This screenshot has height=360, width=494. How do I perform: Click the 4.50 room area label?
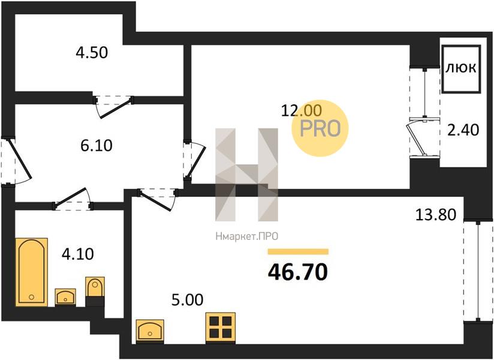click(x=92, y=52)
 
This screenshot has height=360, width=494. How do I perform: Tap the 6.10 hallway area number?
click(x=96, y=146)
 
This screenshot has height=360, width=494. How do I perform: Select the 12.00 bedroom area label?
click(x=302, y=110)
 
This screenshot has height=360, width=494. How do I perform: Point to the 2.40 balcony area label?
click(x=463, y=130)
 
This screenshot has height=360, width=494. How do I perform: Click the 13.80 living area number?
click(x=436, y=215)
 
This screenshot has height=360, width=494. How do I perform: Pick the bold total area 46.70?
click(x=298, y=272)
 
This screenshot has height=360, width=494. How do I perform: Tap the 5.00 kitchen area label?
click(x=187, y=300)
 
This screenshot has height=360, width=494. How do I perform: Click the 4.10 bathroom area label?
click(x=77, y=254)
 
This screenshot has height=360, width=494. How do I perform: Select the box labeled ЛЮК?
click(x=461, y=69)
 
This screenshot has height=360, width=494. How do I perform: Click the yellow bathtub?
click(x=32, y=272)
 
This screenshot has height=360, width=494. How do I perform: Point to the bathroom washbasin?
click(x=65, y=297)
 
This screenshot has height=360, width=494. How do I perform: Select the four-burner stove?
click(x=221, y=328)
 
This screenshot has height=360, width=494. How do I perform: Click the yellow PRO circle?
click(x=320, y=128)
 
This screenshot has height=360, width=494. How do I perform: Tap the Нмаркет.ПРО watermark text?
click(x=247, y=236)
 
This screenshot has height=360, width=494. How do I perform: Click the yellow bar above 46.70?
click(x=298, y=251)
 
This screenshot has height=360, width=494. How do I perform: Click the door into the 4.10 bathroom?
click(x=73, y=199)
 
